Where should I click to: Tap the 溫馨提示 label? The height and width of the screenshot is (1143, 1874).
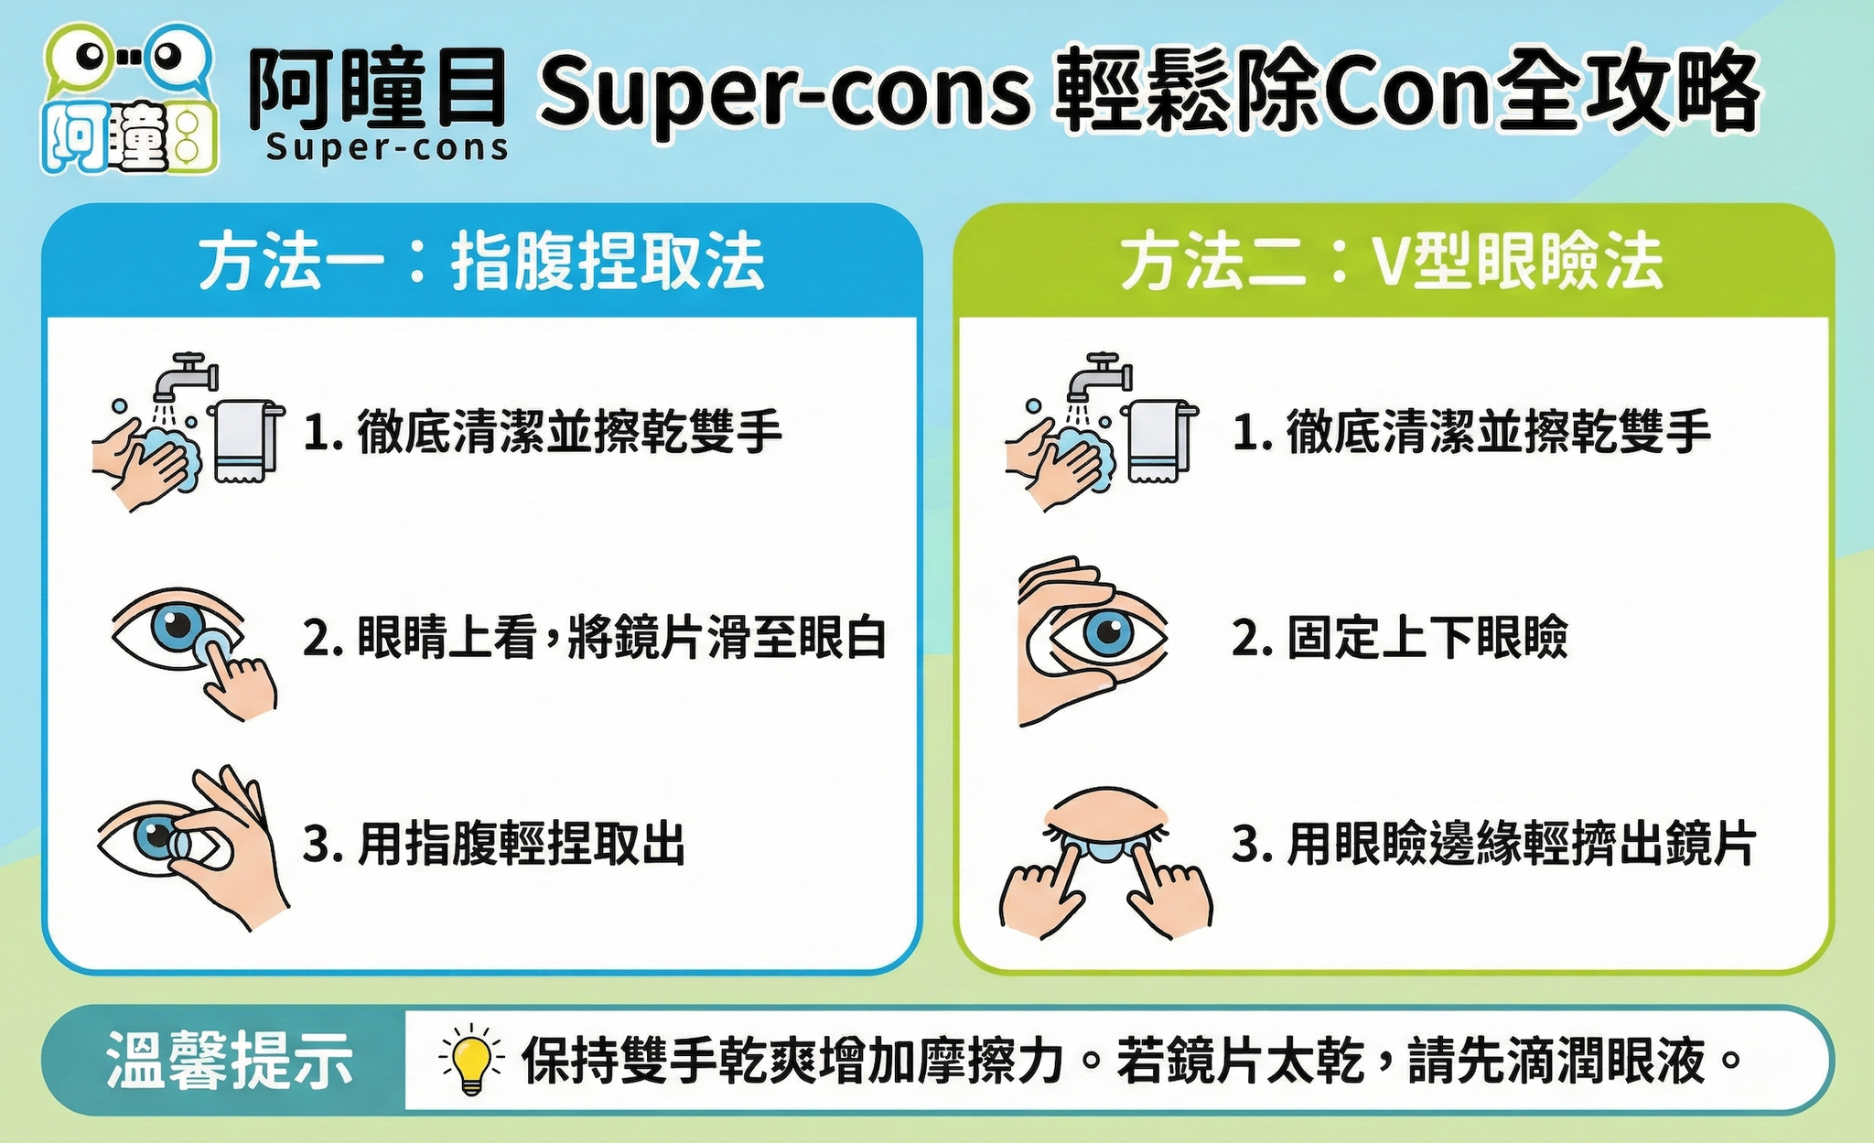[230, 1062]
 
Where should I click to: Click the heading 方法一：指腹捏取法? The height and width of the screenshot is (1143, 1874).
[481, 263]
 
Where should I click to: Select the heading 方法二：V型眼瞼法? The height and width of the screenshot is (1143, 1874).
[1393, 263]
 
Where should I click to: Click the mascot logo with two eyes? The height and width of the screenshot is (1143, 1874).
[129, 99]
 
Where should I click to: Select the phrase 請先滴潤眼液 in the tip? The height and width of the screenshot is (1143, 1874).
[1556, 1062]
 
